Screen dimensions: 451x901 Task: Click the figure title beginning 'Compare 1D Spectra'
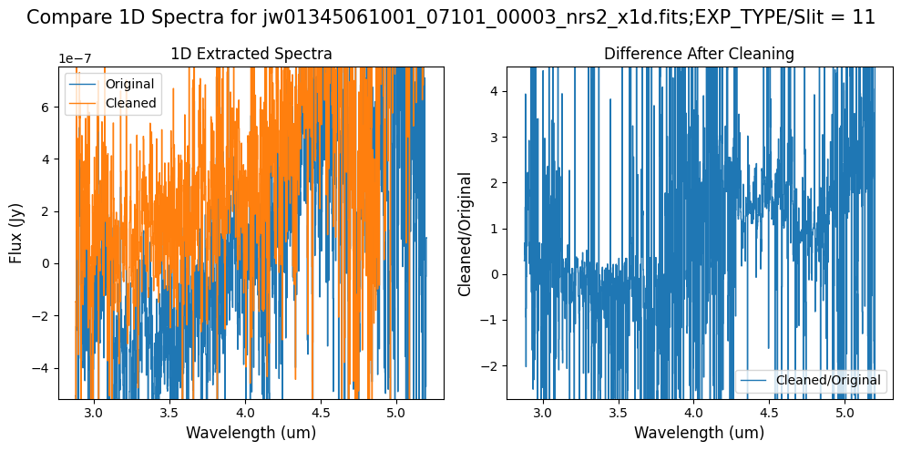(450, 17)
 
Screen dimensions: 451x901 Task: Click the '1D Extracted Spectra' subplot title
(251, 55)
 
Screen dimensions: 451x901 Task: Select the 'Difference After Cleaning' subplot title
(699, 55)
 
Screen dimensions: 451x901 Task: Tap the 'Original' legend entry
(129, 84)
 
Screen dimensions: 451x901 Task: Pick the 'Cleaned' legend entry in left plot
(131, 103)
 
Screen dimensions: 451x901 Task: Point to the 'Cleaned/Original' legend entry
(828, 379)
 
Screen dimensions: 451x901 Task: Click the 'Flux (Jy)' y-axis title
(16, 232)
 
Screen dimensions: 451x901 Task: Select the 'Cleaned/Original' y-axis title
(465, 233)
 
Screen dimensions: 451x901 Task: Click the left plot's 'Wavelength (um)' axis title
(251, 433)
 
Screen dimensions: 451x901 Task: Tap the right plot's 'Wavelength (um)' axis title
(699, 433)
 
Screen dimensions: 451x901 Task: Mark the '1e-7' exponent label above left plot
(76, 58)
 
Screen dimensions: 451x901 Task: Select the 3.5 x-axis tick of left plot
(169, 413)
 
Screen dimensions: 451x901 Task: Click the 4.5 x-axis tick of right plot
(770, 413)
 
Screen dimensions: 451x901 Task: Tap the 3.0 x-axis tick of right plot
(543, 413)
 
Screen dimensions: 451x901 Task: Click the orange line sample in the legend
(84, 103)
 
